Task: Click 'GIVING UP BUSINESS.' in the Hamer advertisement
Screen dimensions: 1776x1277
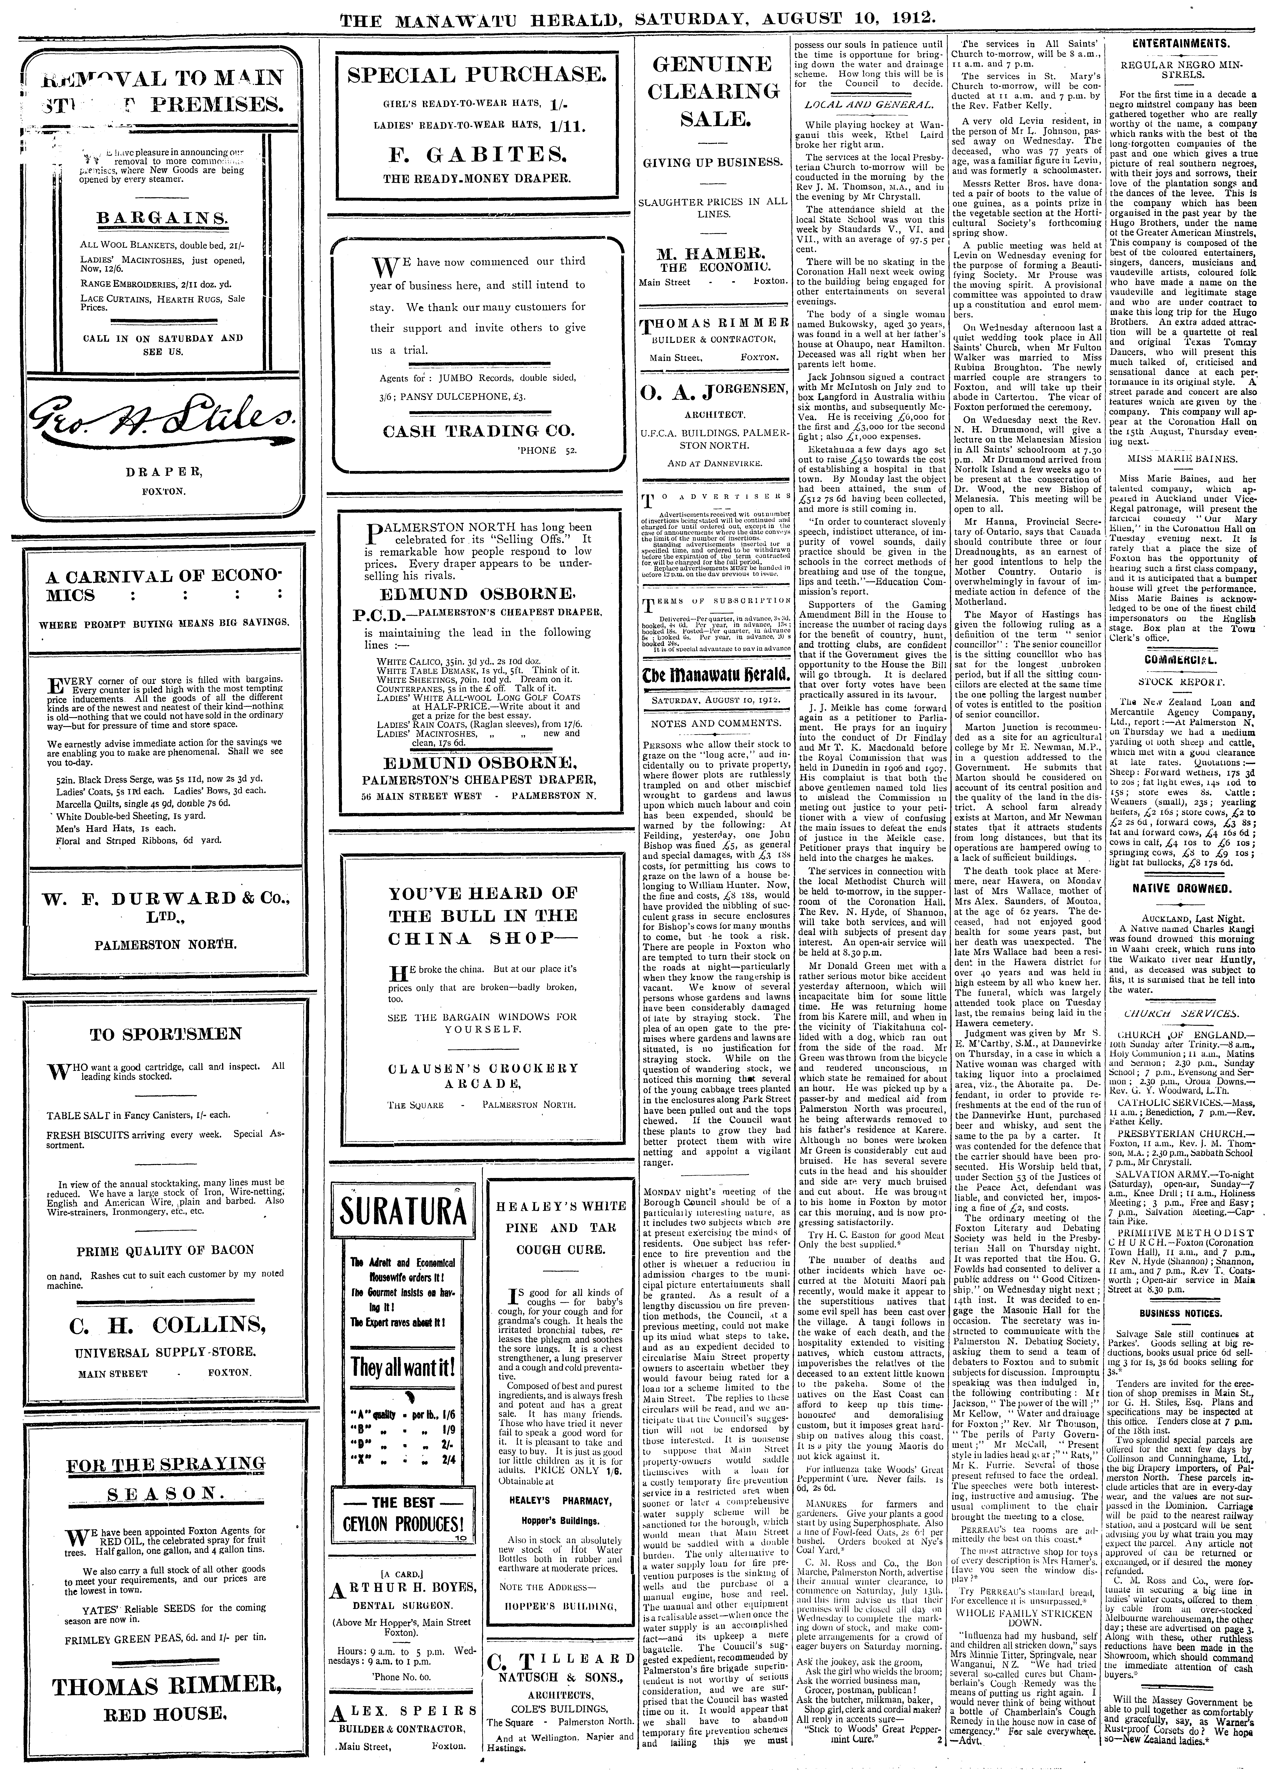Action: click(x=713, y=163)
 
